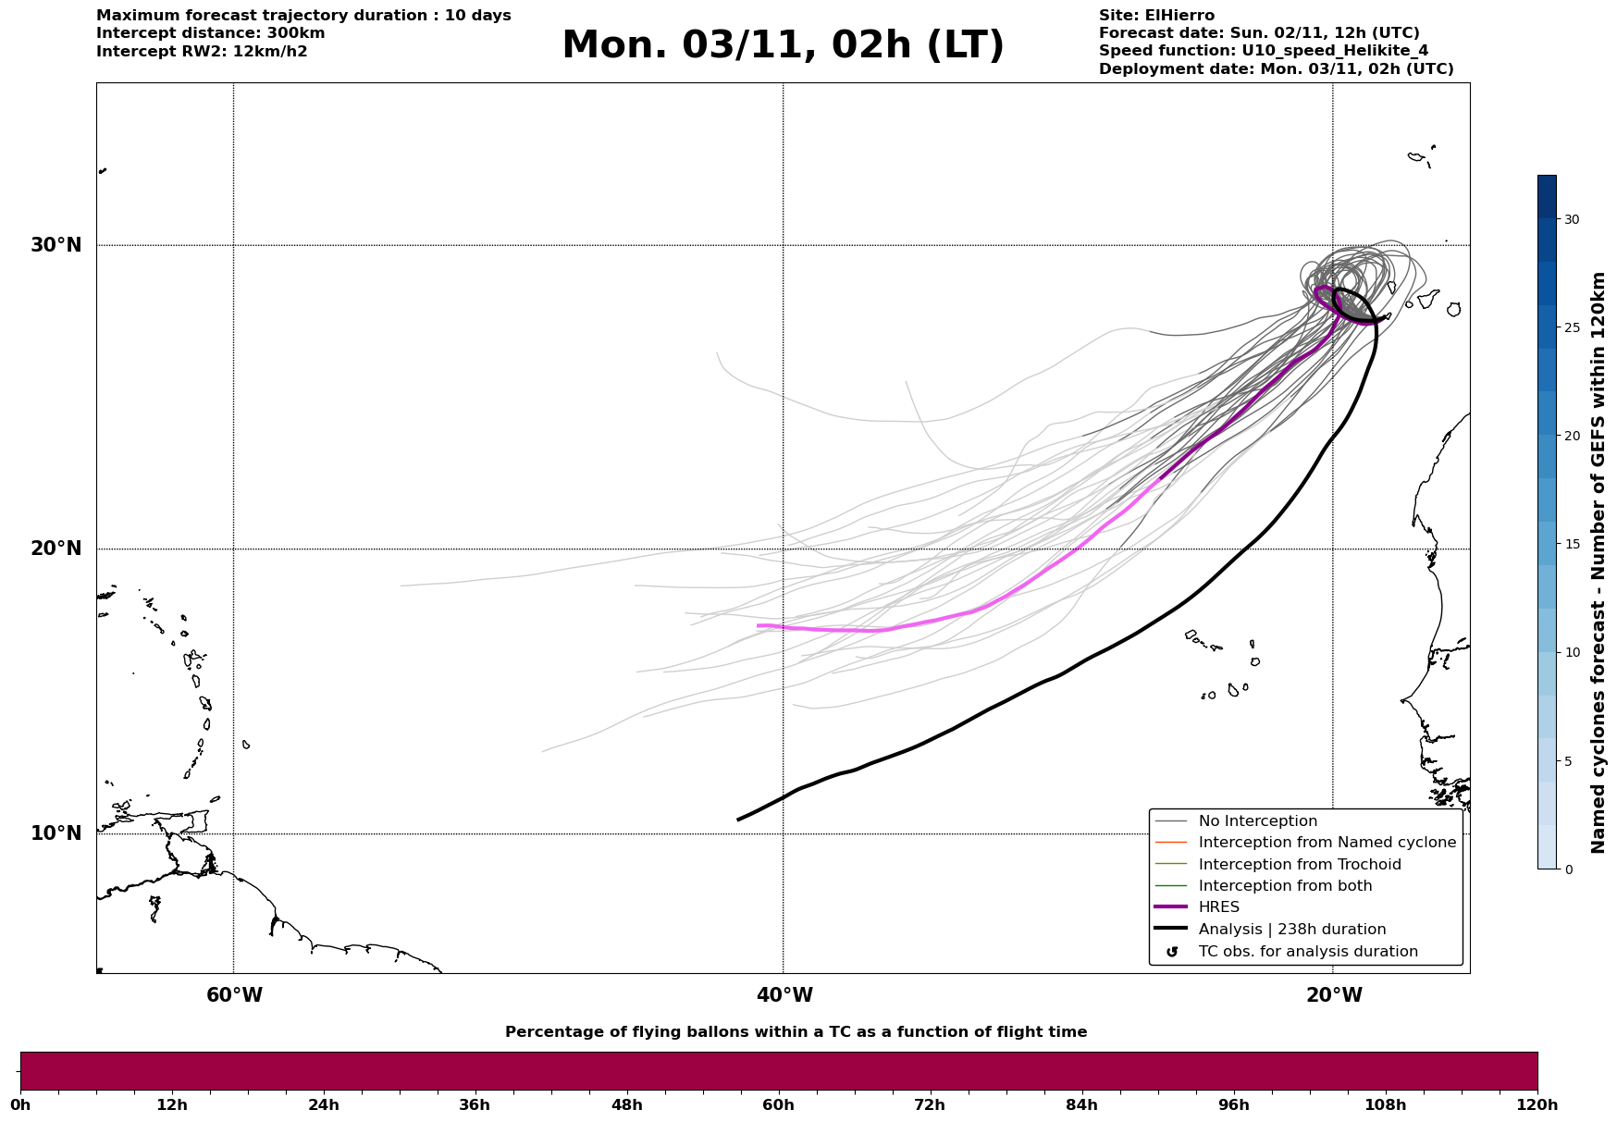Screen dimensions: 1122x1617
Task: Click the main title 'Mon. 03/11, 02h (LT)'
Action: [x=783, y=46]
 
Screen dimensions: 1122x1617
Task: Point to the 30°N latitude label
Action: [x=56, y=245]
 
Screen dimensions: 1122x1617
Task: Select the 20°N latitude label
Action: [x=56, y=549]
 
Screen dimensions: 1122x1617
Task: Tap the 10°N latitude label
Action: [x=56, y=833]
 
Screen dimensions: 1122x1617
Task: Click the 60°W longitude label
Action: [x=234, y=995]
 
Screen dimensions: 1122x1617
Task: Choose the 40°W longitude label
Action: [x=784, y=995]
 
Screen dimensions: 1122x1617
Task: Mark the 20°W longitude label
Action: [x=1334, y=995]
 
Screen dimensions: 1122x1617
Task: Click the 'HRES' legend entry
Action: [x=1218, y=907]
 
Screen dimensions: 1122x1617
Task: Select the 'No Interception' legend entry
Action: [x=1257, y=821]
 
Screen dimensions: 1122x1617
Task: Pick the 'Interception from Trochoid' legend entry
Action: [x=1299, y=865]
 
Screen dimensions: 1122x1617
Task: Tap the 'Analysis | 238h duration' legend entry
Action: [x=1291, y=930]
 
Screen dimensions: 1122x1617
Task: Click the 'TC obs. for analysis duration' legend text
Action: [x=1307, y=952]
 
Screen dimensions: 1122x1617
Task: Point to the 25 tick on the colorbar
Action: [x=1572, y=327]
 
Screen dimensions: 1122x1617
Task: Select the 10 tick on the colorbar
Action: [x=1572, y=652]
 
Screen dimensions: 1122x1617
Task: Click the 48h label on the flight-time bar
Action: [x=626, y=1105]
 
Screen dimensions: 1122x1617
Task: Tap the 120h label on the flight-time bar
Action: [x=1537, y=1105]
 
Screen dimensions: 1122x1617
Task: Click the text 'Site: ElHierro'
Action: [x=1156, y=16]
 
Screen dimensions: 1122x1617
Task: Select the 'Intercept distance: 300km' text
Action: [x=211, y=33]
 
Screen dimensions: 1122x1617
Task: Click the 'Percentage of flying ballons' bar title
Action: [x=796, y=1032]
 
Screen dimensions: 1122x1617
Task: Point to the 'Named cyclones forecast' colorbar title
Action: [x=1598, y=562]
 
